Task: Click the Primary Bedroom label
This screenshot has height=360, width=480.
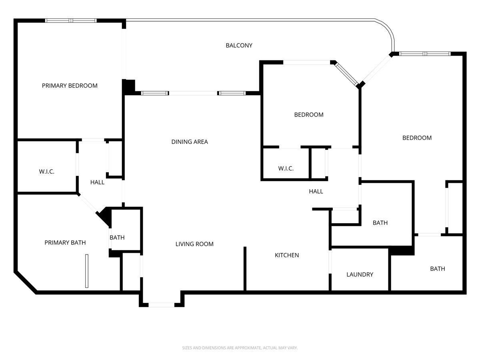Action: point(70,86)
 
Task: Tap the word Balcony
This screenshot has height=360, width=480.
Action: point(239,46)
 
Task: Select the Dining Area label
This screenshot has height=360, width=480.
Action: point(190,142)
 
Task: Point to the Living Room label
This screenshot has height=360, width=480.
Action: point(194,244)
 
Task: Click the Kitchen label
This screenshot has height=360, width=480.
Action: point(287,255)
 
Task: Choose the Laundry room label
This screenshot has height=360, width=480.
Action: point(360,274)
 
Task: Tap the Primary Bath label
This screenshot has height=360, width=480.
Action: point(65,242)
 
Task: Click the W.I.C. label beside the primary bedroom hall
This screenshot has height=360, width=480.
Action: point(47,172)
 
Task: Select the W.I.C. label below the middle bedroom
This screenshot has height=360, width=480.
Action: point(286,168)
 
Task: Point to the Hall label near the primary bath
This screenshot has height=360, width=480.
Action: point(97,182)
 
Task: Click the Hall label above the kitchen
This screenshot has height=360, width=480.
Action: point(316,192)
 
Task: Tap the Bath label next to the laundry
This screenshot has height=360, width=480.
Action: point(380,223)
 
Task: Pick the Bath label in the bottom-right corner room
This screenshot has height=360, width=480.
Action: point(437,269)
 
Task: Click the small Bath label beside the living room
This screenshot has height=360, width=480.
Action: point(117,238)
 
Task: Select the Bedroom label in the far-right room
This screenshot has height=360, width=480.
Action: point(417,138)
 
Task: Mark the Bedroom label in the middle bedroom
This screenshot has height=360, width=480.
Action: point(309,115)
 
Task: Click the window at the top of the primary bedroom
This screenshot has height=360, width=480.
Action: point(71,20)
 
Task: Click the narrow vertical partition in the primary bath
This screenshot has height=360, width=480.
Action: point(86,271)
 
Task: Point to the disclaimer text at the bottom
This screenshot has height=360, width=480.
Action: point(240,348)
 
